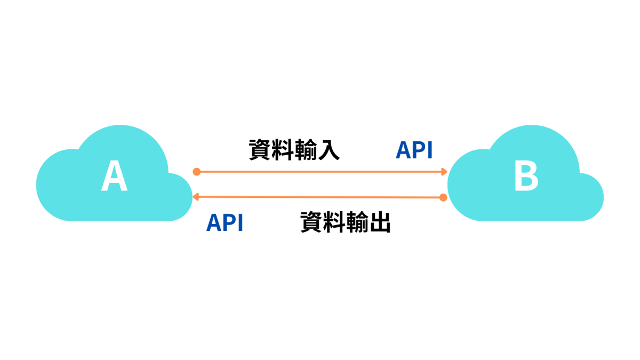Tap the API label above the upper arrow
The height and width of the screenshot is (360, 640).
tap(414, 150)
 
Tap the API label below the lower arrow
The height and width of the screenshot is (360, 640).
tap(225, 222)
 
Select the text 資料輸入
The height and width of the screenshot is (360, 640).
tap(294, 150)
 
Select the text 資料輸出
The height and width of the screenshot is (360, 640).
tap(345, 222)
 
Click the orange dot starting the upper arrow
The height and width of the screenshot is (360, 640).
tap(197, 172)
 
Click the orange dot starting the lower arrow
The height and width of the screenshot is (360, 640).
tap(443, 197)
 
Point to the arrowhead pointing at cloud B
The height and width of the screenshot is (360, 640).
tap(444, 172)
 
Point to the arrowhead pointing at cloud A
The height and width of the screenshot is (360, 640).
tap(196, 197)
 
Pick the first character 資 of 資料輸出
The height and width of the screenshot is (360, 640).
tap(311, 222)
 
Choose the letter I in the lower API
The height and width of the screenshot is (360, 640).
tap(240, 222)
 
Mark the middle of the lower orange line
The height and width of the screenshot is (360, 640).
tap(319, 197)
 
